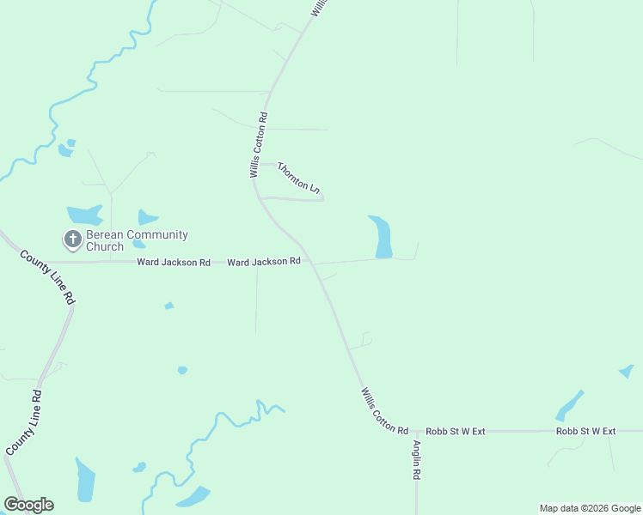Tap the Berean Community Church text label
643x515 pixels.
137,240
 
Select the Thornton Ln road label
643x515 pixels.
298,176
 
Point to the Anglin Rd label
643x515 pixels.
416,460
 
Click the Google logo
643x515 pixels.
28,505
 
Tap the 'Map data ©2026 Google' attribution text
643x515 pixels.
590,508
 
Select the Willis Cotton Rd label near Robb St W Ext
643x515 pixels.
384,411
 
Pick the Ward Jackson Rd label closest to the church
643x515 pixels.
174,262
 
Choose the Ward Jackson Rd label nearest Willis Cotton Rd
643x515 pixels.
264,261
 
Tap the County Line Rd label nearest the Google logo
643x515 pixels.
24,423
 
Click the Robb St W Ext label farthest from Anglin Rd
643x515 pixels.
586,431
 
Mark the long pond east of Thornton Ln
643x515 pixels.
381,236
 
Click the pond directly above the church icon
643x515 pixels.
84,215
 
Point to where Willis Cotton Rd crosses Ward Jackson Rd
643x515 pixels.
308,261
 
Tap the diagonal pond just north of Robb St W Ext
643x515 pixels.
569,404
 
